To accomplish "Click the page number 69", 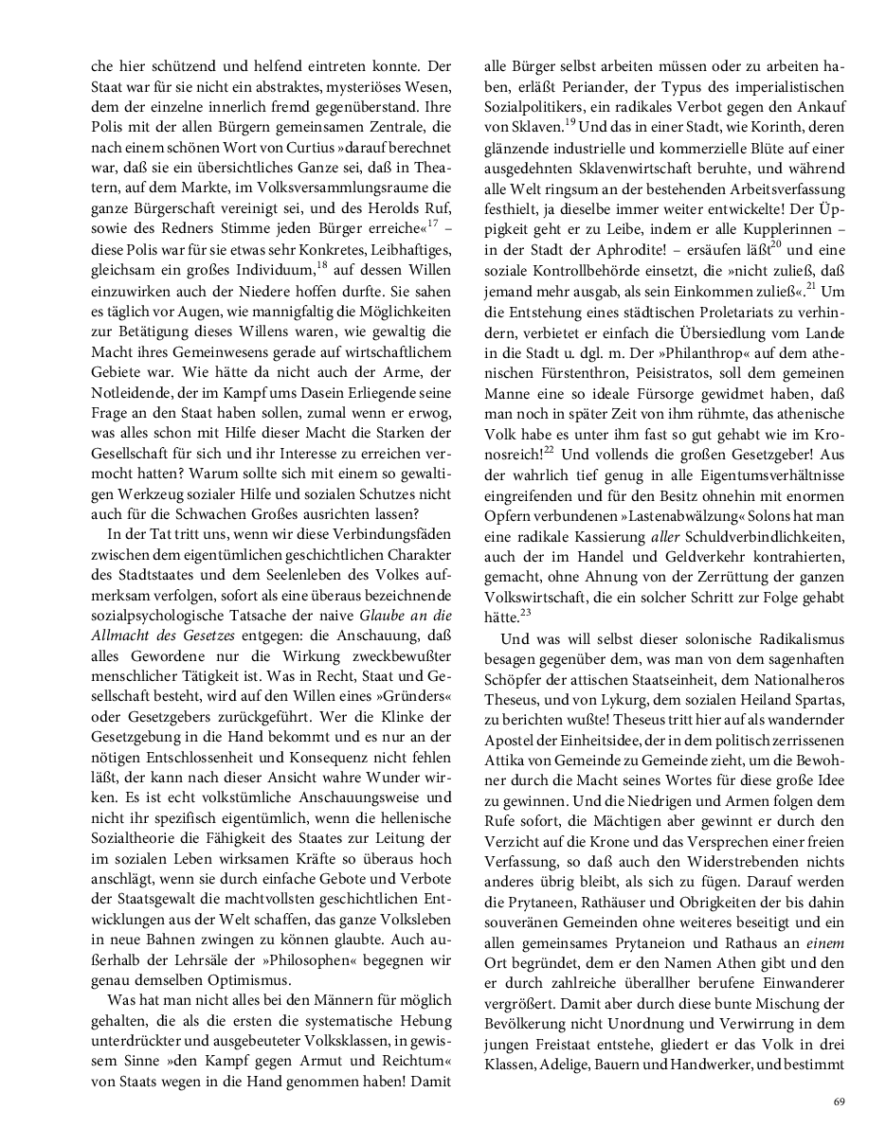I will coord(839,1101).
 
